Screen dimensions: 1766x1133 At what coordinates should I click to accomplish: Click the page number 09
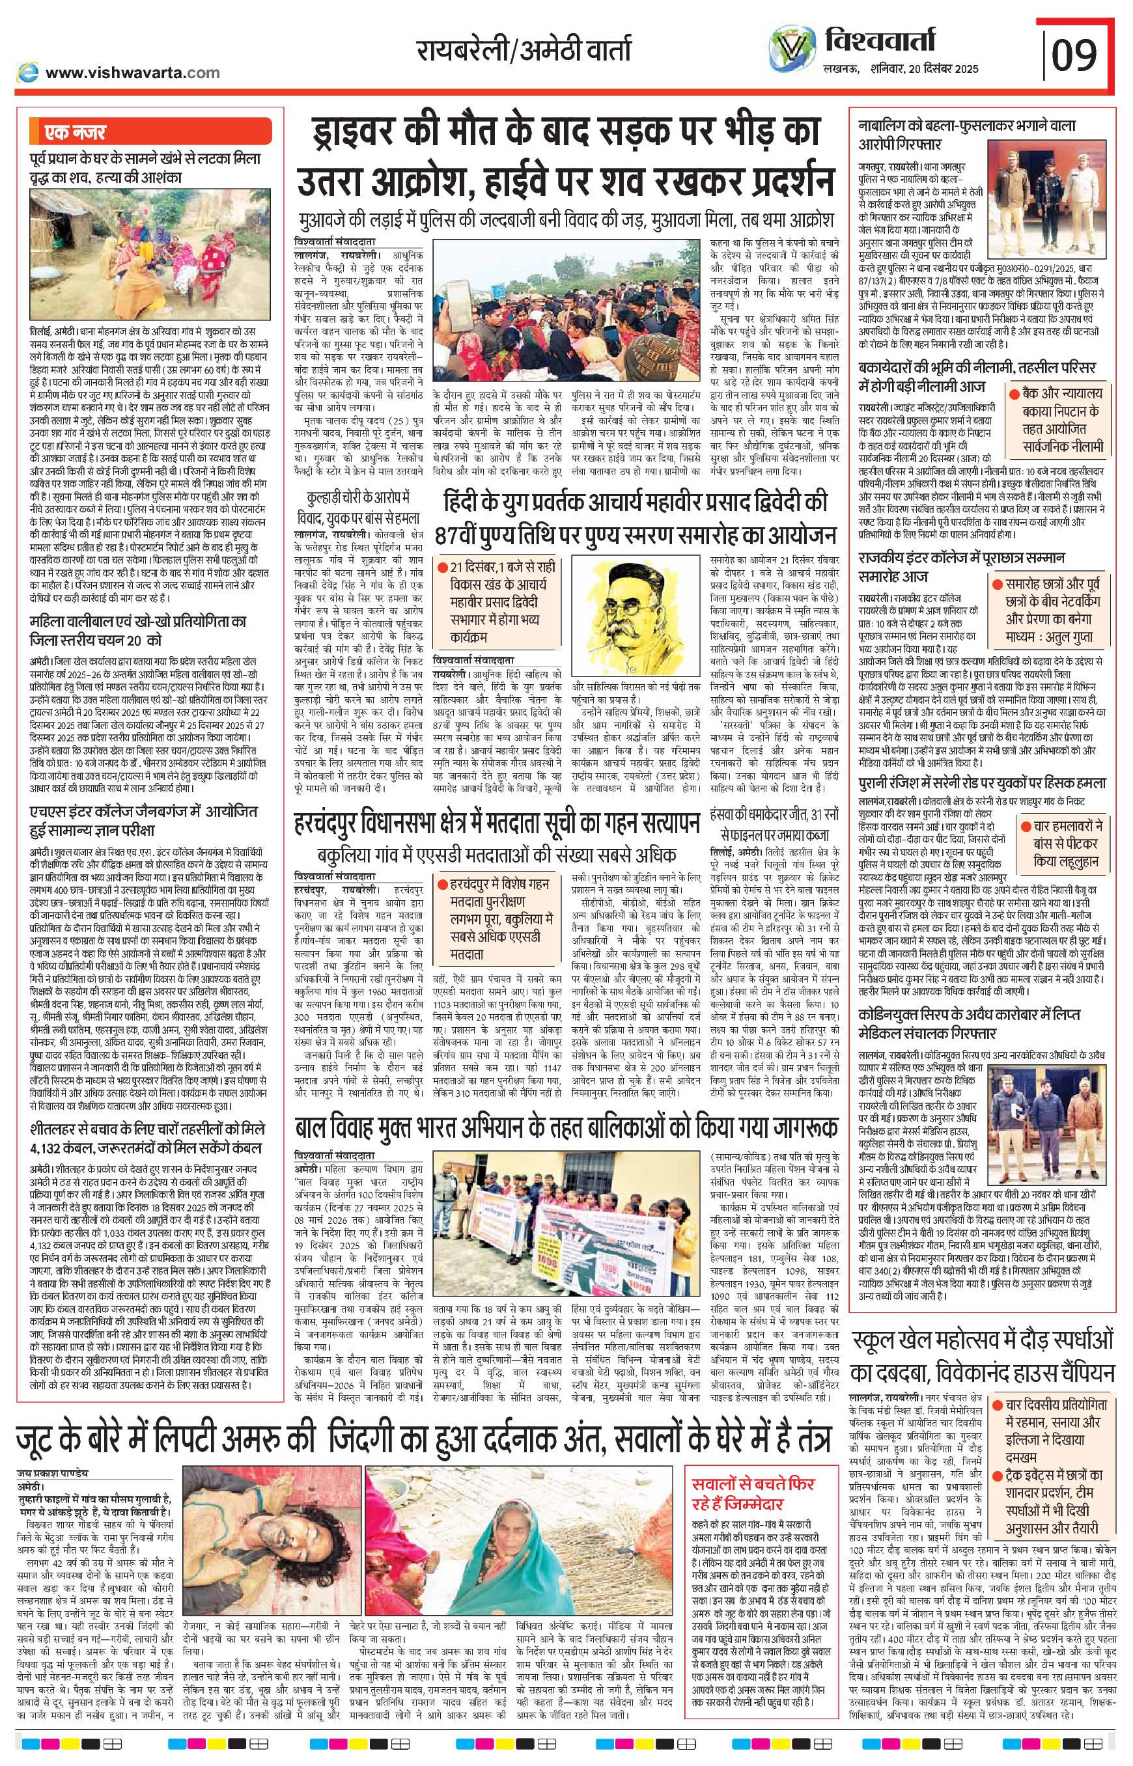coord(1074,53)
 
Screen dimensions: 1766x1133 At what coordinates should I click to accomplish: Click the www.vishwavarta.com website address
coord(132,72)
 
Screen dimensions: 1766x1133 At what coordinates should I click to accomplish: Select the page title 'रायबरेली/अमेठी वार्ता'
coord(523,51)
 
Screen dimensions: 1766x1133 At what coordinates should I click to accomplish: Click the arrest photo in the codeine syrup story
coord(1048,1109)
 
